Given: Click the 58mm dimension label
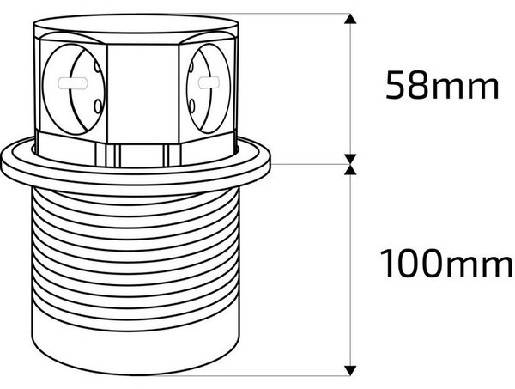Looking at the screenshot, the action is [x=442, y=85].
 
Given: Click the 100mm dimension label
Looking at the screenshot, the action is [x=446, y=264].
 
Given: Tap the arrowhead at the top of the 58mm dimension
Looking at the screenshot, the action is [x=350, y=18].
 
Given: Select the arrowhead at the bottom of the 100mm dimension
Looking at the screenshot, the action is [x=350, y=371].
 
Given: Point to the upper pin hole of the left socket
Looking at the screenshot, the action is [x=97, y=67].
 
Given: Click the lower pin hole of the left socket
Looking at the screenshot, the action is [x=98, y=106].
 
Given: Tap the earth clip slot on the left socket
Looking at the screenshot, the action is [x=73, y=83].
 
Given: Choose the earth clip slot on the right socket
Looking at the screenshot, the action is [x=209, y=82].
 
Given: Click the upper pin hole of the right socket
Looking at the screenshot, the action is [x=191, y=67].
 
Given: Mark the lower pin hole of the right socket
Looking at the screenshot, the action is [x=192, y=105].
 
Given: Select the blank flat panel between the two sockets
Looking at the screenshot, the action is [x=142, y=94].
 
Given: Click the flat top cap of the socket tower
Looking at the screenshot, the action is [x=136, y=25].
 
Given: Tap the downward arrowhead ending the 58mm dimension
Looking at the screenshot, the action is [x=350, y=159].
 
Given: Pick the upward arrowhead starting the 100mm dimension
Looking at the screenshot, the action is [x=350, y=169].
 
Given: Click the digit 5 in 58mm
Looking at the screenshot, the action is [x=396, y=85].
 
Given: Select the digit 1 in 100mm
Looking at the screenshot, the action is [x=387, y=264].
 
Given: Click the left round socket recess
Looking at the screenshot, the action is [x=75, y=88].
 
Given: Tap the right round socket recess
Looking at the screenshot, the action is [x=209, y=88].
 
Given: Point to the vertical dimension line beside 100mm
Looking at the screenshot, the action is [x=350, y=270].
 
